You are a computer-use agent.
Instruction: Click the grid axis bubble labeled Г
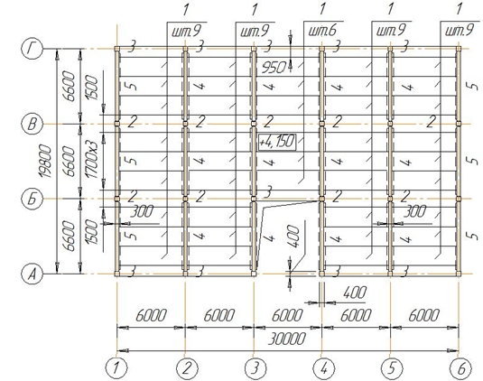[x=32, y=49]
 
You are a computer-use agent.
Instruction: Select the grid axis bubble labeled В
[x=32, y=124]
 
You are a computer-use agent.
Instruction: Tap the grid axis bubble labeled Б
[x=32, y=199]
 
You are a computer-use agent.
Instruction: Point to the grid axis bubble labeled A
[x=32, y=274]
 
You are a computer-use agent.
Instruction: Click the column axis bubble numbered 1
[x=116, y=368]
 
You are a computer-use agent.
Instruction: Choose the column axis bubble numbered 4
[x=323, y=368]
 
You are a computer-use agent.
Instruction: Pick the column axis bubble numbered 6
[x=460, y=368]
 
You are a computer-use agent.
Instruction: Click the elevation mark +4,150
[x=277, y=142]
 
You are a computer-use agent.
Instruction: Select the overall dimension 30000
[x=287, y=339]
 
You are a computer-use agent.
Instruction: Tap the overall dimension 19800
[x=47, y=161]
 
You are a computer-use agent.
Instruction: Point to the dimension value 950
[x=274, y=67]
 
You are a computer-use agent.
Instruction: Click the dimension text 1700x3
[x=92, y=159]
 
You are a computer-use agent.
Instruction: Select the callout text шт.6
[x=322, y=31]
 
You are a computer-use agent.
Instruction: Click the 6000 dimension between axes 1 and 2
[x=151, y=315]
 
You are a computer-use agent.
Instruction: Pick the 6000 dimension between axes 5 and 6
[x=424, y=315]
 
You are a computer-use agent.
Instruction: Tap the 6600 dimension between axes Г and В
[x=69, y=87]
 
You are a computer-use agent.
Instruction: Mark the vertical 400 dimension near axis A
[x=293, y=237]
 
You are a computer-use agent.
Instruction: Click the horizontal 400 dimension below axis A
[x=355, y=293]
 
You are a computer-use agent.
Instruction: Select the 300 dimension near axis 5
[x=414, y=211]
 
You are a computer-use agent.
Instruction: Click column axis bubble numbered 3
[x=255, y=368]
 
